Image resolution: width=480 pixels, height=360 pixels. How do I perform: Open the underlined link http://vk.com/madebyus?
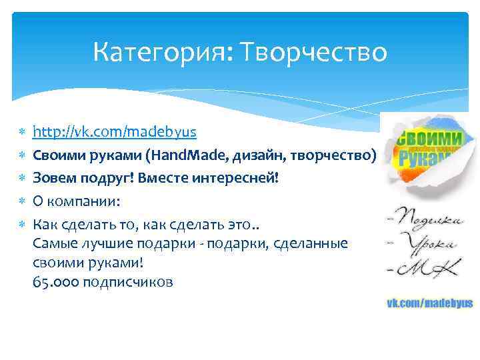(x=115, y=132)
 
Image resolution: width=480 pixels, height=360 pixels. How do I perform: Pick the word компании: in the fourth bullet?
(x=81, y=201)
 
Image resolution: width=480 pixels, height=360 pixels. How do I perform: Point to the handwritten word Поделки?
(x=427, y=218)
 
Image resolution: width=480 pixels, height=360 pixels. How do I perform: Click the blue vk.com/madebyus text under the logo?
(x=430, y=303)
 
